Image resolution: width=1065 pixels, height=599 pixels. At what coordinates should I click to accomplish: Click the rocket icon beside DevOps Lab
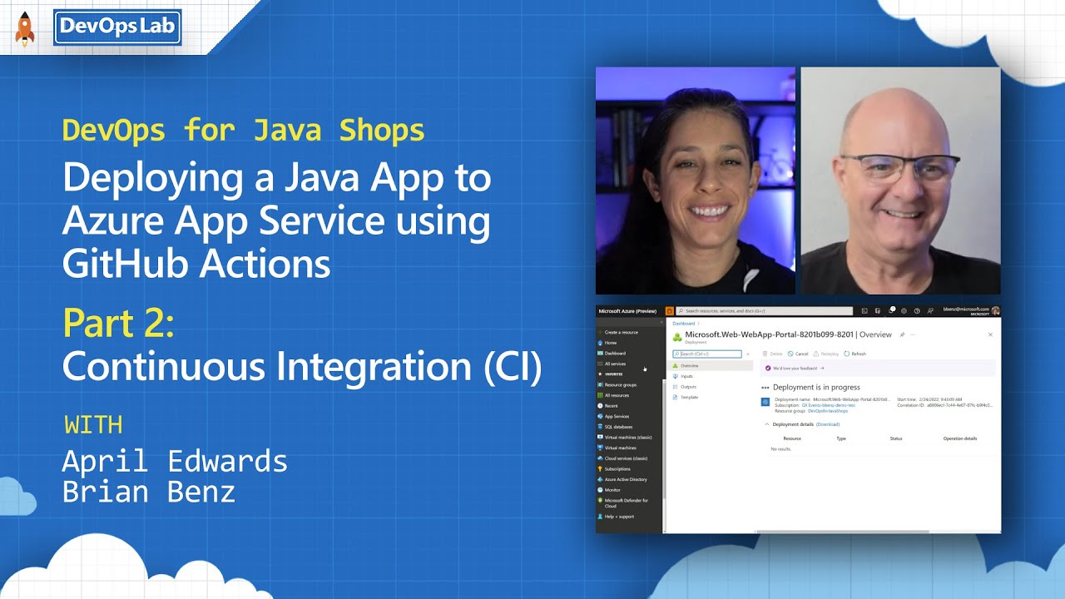pyautogui.click(x=25, y=29)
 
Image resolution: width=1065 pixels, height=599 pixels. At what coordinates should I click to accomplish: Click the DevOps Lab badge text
pyautogui.click(x=116, y=27)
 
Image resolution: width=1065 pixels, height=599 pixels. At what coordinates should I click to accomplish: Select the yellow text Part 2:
pyautogui.click(x=118, y=324)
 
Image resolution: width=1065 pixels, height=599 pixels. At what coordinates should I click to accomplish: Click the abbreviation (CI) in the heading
pyautogui.click(x=513, y=366)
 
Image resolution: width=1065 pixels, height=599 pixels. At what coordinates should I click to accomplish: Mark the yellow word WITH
pyautogui.click(x=93, y=425)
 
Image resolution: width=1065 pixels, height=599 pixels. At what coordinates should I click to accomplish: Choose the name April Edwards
pyautogui.click(x=175, y=461)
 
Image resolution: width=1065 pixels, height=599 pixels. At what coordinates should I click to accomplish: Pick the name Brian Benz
pyautogui.click(x=149, y=492)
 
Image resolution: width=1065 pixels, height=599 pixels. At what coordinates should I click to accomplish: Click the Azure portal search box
pyautogui.click(x=764, y=311)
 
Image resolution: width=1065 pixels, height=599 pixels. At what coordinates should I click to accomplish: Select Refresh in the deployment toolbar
pyautogui.click(x=855, y=354)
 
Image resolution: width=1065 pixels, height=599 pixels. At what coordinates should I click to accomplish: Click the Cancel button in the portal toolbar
pyautogui.click(x=799, y=354)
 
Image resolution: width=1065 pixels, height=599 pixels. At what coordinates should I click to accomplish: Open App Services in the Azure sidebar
pyautogui.click(x=617, y=416)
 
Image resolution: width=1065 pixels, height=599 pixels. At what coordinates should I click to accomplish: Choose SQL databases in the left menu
pyautogui.click(x=618, y=427)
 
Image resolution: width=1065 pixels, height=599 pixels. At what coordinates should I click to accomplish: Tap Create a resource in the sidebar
pyautogui.click(x=621, y=332)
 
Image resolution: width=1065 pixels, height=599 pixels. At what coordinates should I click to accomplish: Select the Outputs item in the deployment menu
pyautogui.click(x=688, y=387)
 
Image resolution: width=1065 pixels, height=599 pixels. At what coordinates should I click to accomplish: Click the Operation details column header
pyautogui.click(x=959, y=438)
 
